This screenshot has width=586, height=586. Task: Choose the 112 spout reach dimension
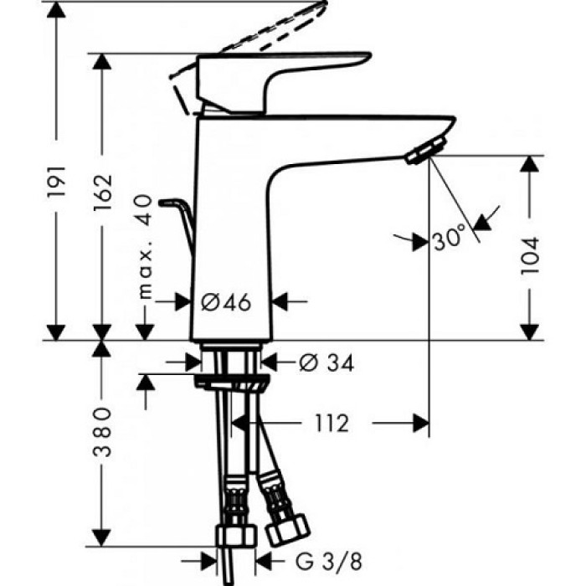[x=332, y=424]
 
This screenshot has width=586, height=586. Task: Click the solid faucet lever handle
[x=276, y=71]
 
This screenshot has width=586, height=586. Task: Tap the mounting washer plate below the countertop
[x=233, y=383]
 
